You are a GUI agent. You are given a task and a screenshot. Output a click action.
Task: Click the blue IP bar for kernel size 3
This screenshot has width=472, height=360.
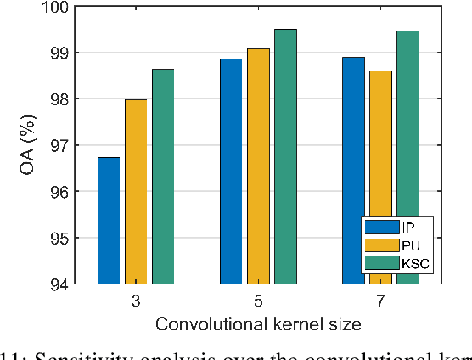pyautogui.click(x=109, y=220)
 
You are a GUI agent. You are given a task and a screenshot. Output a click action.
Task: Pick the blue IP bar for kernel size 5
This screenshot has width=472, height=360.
pyautogui.click(x=231, y=171)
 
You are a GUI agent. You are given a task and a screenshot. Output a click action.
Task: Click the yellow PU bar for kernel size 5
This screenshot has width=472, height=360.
pyautogui.click(x=258, y=166)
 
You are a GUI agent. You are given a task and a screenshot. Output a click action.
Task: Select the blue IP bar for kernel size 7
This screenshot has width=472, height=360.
pyautogui.click(x=353, y=170)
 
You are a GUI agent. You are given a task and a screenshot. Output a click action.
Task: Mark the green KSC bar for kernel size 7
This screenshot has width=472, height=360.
pyautogui.click(x=407, y=156)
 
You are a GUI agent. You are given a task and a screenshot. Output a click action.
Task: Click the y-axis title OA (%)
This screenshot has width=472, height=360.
pyautogui.click(x=25, y=145)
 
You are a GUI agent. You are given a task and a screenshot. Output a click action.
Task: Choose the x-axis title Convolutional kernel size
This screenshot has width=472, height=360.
pyautogui.click(x=258, y=323)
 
